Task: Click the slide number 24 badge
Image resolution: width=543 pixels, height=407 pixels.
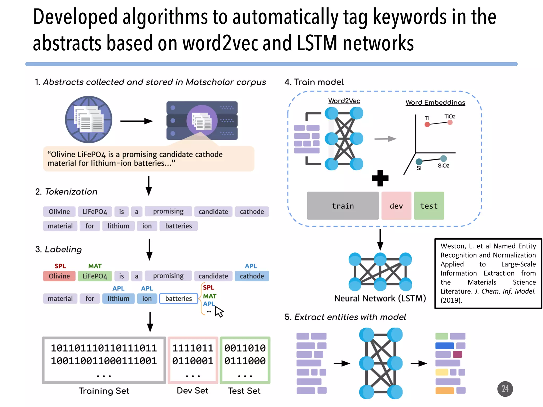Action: (x=505, y=389)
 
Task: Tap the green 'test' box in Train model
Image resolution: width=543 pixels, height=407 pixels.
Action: (x=429, y=206)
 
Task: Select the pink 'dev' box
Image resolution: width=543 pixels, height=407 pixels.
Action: (x=396, y=206)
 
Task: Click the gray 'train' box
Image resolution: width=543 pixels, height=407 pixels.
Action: (x=343, y=206)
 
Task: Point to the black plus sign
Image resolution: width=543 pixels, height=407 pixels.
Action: (x=380, y=178)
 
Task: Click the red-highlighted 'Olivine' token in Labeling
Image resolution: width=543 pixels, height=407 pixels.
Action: (x=59, y=276)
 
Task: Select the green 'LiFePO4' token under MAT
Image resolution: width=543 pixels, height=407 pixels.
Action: (x=95, y=276)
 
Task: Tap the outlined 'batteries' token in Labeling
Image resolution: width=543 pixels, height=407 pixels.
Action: (x=178, y=299)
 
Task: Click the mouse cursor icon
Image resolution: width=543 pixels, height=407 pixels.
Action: (x=219, y=312)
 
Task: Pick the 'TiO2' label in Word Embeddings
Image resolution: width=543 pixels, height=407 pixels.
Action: (x=450, y=117)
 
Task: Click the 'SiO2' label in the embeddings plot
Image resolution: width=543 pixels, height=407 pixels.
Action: (x=443, y=166)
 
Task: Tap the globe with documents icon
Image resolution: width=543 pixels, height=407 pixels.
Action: (x=89, y=120)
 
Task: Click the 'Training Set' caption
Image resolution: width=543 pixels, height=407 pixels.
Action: (x=104, y=391)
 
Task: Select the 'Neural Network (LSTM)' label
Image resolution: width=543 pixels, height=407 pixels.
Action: (x=380, y=299)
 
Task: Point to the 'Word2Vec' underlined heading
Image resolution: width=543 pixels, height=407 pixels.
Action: (x=344, y=101)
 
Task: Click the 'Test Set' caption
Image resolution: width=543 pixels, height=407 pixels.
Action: (x=244, y=391)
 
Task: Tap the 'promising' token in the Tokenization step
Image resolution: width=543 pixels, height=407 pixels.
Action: (x=168, y=211)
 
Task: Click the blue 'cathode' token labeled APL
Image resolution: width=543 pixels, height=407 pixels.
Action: (x=252, y=276)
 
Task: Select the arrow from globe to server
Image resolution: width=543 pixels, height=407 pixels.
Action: (x=137, y=121)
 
